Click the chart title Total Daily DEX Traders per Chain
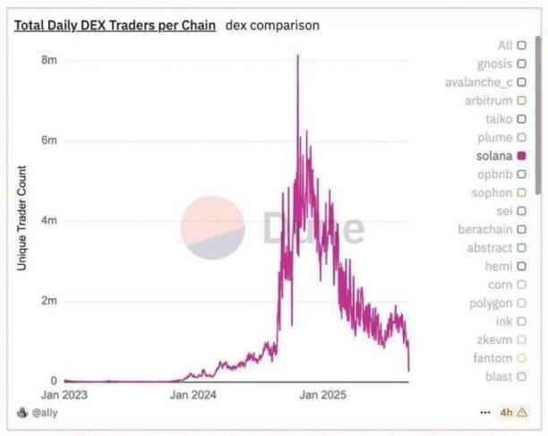point(115,25)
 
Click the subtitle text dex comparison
point(272,25)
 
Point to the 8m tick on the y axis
point(49,60)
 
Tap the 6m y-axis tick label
point(49,141)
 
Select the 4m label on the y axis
point(49,220)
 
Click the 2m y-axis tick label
point(49,301)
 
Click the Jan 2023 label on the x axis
point(64,394)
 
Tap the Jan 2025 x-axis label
point(322,394)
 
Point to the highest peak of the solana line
point(297,56)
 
